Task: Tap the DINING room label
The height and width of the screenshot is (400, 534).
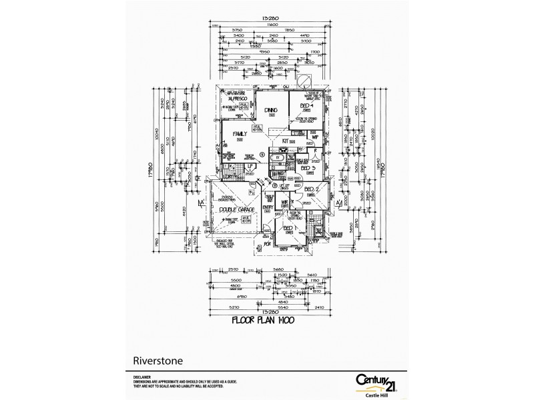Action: [x=271, y=111]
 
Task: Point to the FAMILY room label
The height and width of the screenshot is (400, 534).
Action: [x=240, y=134]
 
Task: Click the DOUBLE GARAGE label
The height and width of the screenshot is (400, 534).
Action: [x=238, y=209]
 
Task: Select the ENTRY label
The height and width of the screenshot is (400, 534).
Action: [x=268, y=208]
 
